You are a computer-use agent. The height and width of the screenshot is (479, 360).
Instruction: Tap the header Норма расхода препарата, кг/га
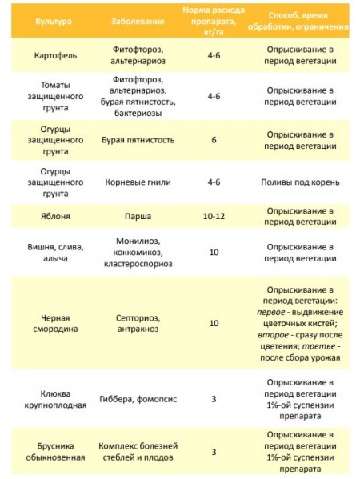(x=214, y=18)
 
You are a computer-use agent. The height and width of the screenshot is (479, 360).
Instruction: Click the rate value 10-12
(x=214, y=215)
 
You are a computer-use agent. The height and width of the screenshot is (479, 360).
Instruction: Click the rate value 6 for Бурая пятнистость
(x=214, y=140)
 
